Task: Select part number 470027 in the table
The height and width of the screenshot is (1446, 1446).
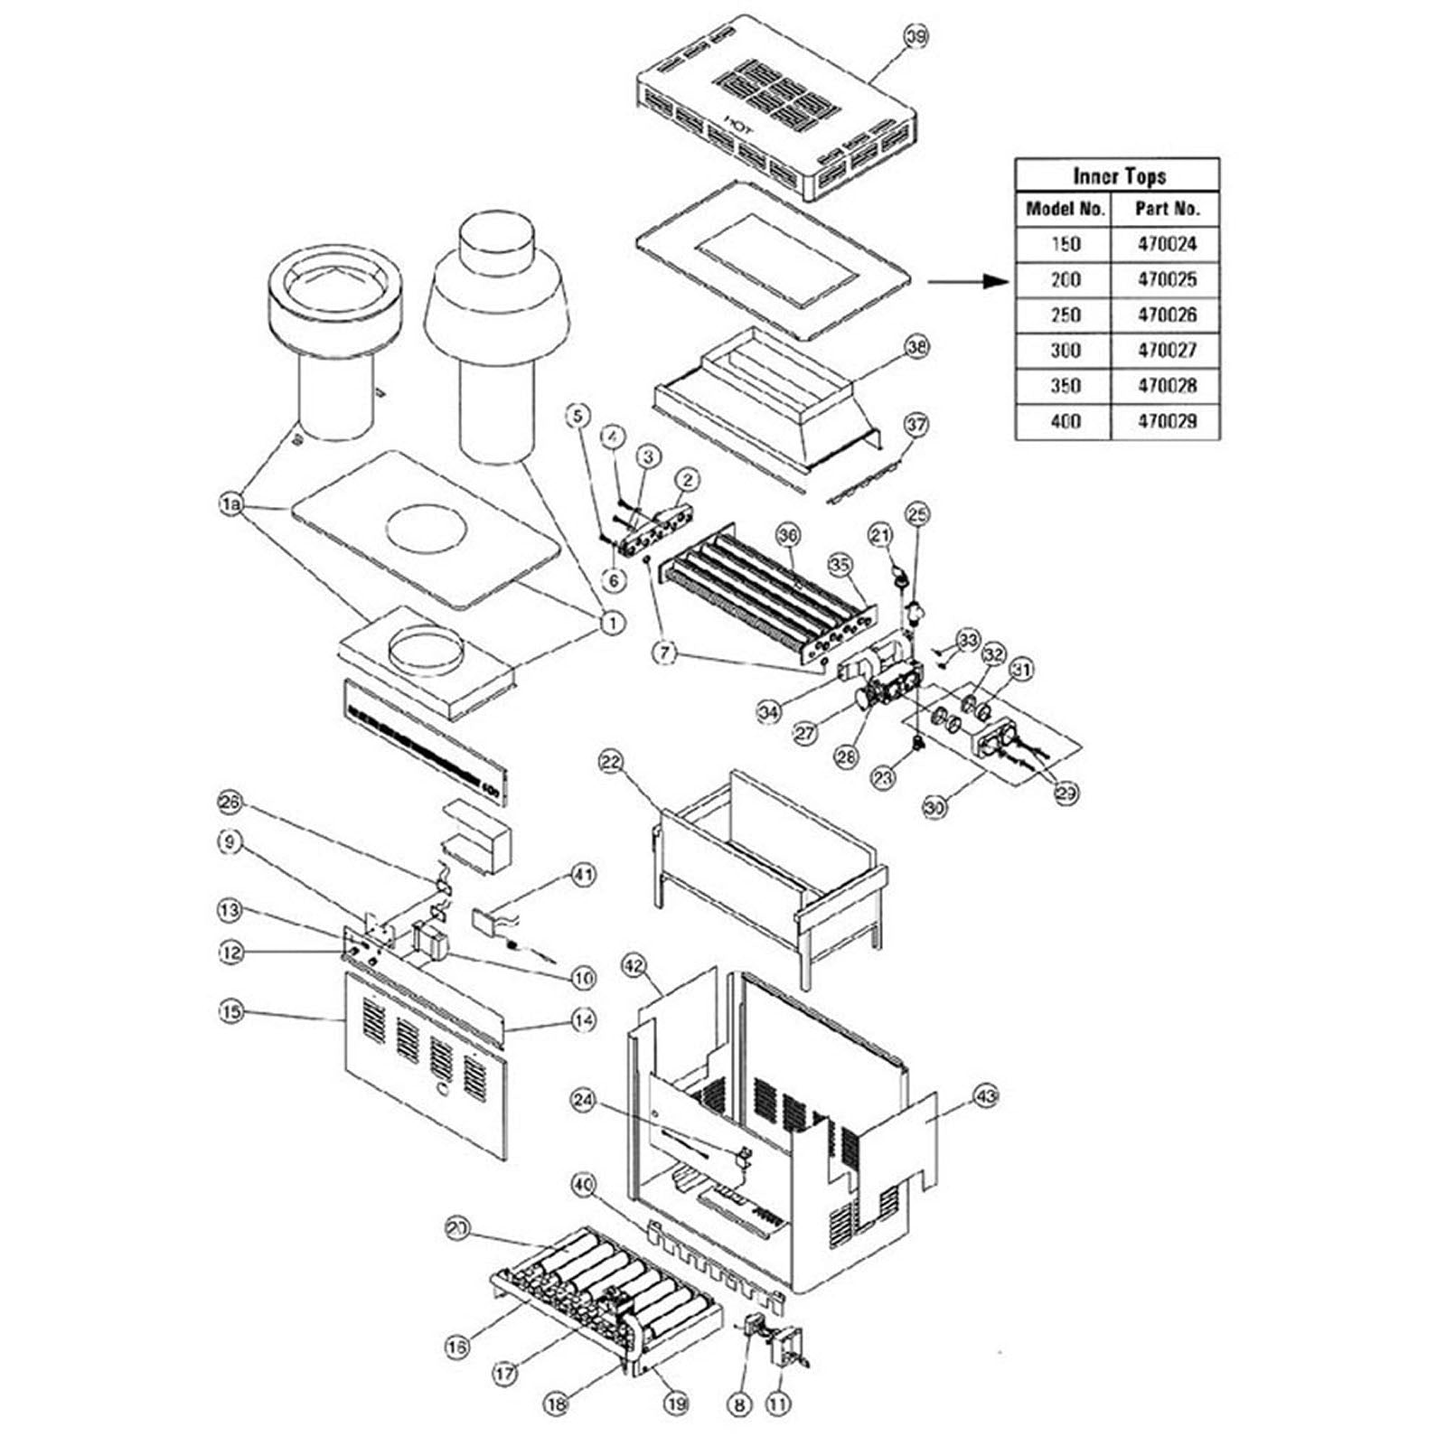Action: coord(1167,350)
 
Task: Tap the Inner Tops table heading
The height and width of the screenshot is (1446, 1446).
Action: coord(1119,175)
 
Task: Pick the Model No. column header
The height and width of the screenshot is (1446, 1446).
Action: coord(1066,209)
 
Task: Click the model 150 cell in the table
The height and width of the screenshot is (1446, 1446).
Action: coord(1066,244)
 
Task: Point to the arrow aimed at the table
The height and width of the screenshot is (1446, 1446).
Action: coord(967,281)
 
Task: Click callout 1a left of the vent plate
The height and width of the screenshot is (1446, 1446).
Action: coord(232,504)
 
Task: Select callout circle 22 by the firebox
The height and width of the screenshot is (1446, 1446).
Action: coord(612,763)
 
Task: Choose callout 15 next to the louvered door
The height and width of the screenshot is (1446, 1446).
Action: coord(232,1011)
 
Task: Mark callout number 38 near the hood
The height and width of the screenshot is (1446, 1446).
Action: coord(916,346)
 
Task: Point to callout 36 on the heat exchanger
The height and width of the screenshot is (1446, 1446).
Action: coord(788,535)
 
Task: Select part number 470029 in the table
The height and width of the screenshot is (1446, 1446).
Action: coord(1167,421)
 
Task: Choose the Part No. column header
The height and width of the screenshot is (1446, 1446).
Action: coord(1167,209)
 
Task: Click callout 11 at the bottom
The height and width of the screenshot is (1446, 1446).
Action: coord(778,1403)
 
